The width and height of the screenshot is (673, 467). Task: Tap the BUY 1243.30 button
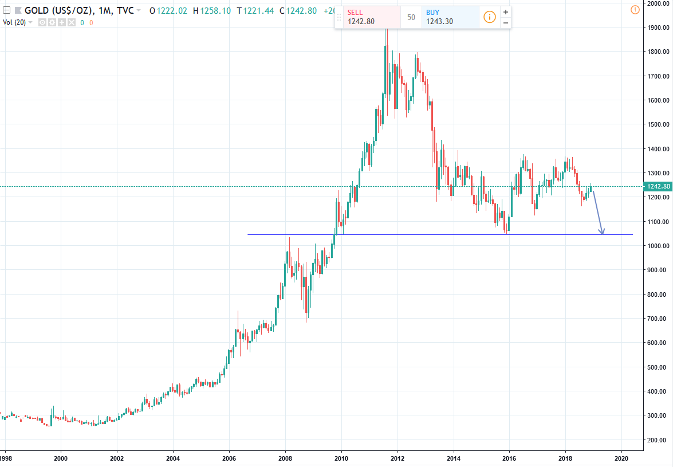pos(450,17)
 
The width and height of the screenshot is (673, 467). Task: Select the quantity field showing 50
pos(411,17)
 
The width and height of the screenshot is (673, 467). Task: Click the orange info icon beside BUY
pos(489,17)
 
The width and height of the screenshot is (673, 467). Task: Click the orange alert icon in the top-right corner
pos(634,9)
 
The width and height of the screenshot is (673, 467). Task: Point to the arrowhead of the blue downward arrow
pos(602,232)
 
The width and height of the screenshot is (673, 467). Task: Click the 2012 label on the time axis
pos(397,458)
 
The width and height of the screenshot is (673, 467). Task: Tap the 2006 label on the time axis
pos(229,458)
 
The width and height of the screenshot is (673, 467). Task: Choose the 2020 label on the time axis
pos(621,458)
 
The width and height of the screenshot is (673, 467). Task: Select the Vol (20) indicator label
pos(14,22)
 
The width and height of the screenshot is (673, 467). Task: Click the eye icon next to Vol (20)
pos(42,22)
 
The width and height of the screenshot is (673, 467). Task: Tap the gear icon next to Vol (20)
pos(52,22)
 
